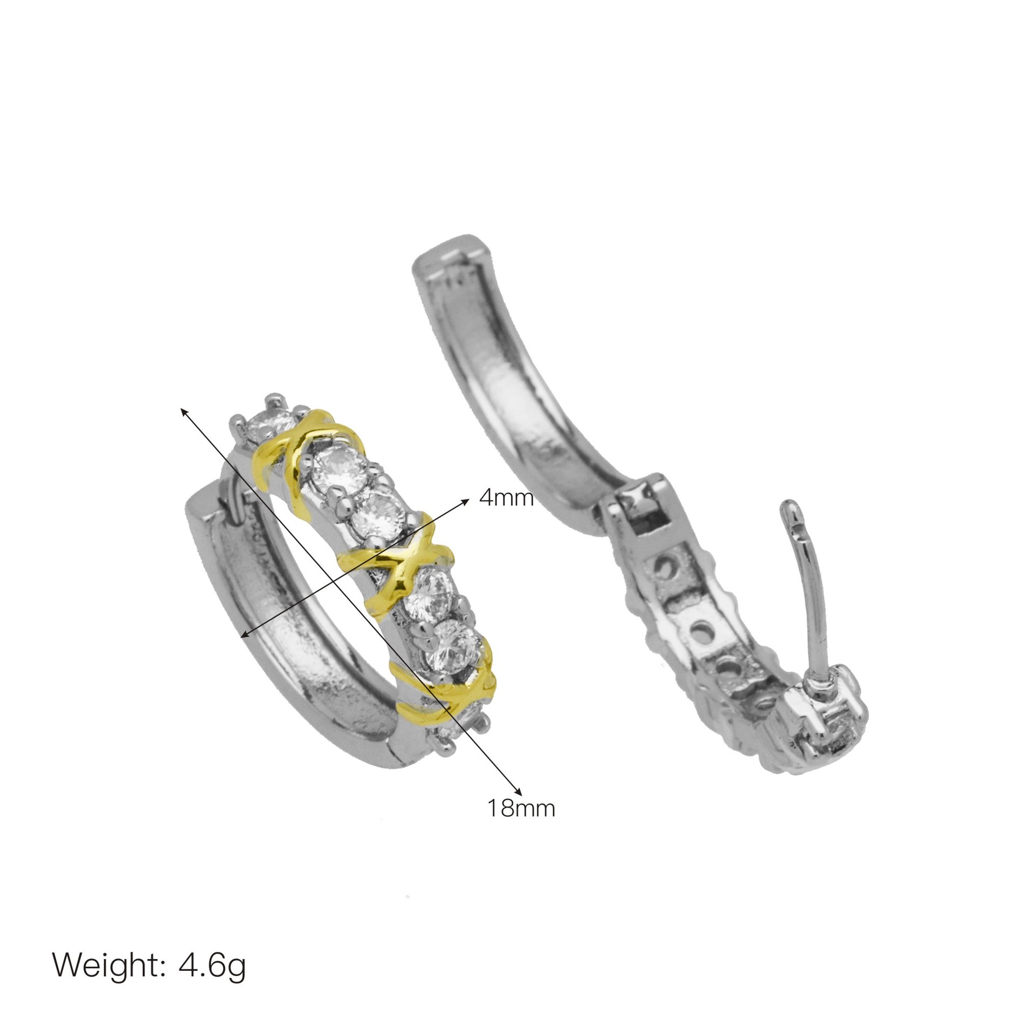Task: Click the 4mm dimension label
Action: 506,498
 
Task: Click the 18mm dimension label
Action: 521,824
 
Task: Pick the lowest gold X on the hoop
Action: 445,691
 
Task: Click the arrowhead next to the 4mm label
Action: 464,502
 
